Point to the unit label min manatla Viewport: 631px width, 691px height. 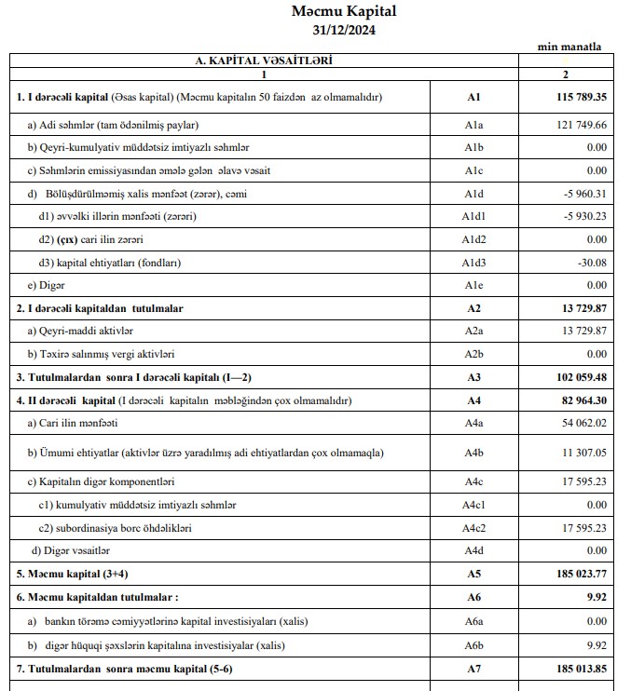569,47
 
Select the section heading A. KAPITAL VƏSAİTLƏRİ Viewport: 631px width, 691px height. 264,61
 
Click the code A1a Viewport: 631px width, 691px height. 473,125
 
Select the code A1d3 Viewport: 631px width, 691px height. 473,263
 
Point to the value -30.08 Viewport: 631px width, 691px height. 590,263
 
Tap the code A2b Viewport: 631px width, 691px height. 473,354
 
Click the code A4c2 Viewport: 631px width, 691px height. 473,527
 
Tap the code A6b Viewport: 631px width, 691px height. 473,644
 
